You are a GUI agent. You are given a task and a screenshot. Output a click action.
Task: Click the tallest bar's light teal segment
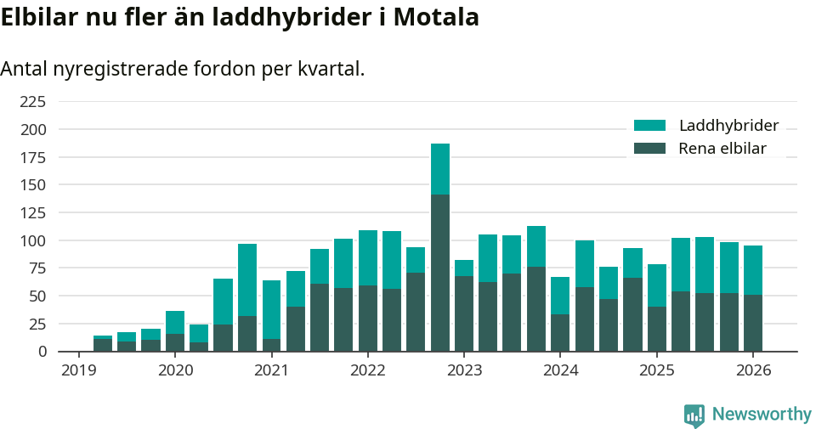tap(439, 169)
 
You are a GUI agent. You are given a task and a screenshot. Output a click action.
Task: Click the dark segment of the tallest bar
tap(439, 272)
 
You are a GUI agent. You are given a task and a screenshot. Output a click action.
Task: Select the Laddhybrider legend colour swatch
tap(650, 126)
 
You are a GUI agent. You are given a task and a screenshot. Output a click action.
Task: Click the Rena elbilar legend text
tap(722, 149)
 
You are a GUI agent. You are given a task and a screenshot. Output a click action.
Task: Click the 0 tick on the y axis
tap(41, 352)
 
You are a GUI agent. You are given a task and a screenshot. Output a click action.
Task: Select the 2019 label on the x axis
tap(79, 370)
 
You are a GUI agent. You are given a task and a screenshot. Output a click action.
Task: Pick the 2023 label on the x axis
tap(464, 370)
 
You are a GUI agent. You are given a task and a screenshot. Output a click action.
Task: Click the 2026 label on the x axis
tap(752, 370)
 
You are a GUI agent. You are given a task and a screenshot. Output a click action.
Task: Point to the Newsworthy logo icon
tap(694, 415)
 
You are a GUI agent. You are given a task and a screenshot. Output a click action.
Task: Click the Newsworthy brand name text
tap(762, 415)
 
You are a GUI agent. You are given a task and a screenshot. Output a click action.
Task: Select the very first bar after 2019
tap(103, 344)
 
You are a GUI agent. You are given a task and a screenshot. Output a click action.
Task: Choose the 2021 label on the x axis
tap(271, 370)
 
